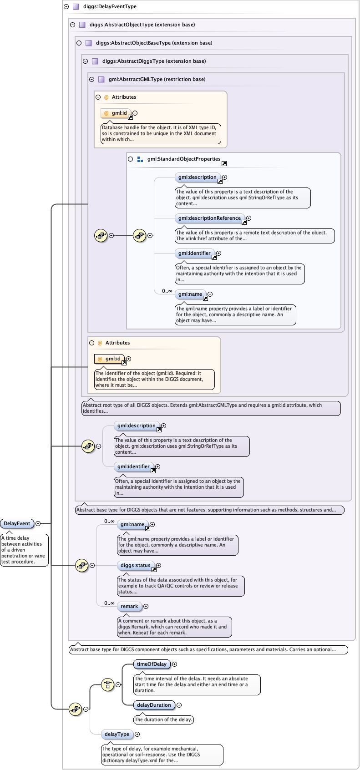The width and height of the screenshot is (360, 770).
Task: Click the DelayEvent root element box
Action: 17,523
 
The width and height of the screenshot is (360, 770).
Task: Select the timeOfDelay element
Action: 152,664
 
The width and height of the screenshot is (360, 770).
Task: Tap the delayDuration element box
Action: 154,705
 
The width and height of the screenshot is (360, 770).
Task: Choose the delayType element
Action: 117,734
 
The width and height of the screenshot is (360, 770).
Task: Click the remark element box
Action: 129,606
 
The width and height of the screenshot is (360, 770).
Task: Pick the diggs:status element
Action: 136,566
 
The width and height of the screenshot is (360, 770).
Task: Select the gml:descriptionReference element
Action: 210,218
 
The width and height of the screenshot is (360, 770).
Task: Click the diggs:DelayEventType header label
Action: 110,6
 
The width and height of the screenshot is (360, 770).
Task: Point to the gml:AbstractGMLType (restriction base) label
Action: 157,79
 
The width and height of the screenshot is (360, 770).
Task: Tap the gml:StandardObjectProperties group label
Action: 184,159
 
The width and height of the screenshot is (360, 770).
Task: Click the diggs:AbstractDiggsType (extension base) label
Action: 154,61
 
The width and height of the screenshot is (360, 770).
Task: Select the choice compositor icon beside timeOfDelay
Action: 107,684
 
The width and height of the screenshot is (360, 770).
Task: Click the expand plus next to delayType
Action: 137,734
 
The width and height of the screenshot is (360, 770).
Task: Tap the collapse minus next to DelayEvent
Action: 38,523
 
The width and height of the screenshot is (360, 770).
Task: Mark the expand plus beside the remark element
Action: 146,606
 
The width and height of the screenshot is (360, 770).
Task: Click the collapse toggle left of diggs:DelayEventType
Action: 66,6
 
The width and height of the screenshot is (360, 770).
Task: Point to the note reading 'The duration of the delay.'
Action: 164,719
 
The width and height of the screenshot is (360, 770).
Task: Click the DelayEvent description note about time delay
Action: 24,550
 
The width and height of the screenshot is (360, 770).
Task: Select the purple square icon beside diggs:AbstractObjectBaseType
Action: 89,43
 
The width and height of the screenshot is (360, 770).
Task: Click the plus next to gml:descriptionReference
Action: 248,218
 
